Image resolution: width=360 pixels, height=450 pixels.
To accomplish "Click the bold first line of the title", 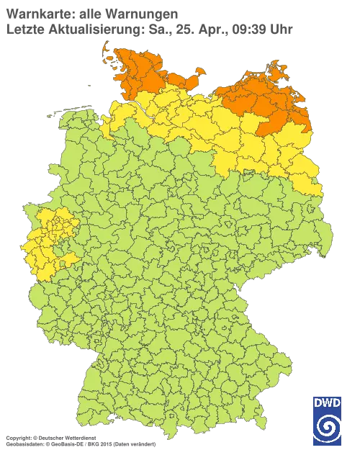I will [x=90, y=13].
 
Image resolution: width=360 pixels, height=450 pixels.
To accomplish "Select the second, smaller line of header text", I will [x=148, y=30].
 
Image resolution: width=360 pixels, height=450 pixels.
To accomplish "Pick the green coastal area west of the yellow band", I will [x=79, y=126].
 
